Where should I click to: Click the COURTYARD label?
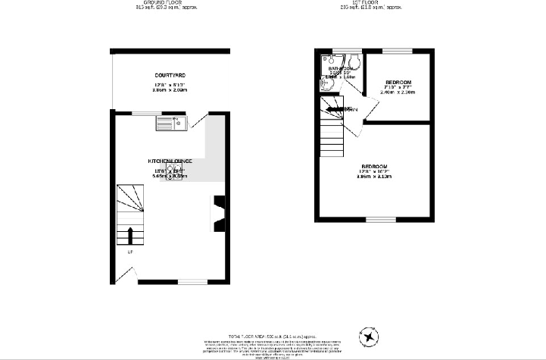click(170, 76)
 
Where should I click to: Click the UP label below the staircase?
click(130, 252)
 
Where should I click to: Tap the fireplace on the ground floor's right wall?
click(220, 211)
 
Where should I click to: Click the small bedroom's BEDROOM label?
click(398, 82)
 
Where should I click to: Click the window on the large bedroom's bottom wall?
click(376, 219)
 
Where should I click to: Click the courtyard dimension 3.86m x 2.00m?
click(170, 89)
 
